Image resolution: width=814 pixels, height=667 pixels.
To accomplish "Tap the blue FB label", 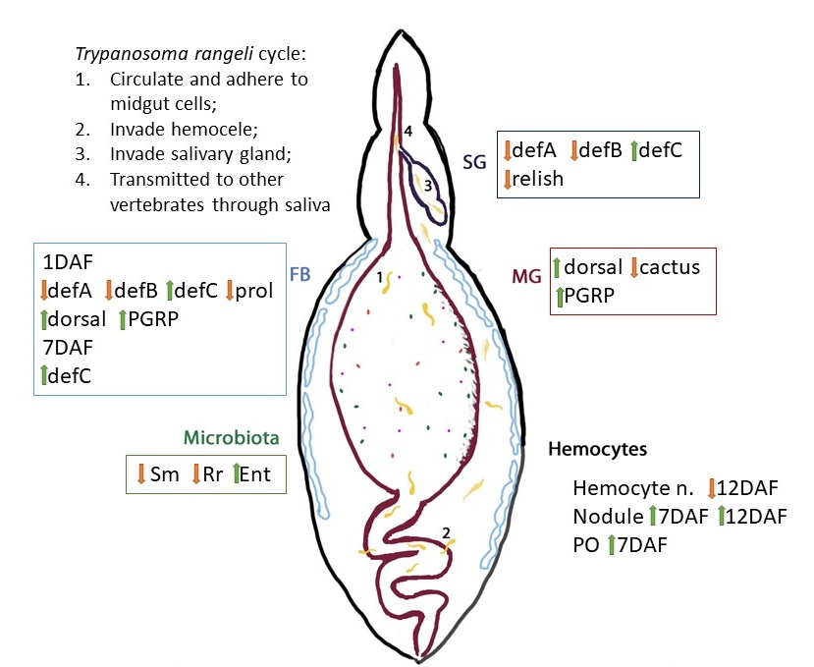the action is pos(300,275).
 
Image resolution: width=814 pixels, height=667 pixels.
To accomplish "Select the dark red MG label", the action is pos(527,278).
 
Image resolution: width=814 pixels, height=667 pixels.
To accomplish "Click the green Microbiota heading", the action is pos(232,437).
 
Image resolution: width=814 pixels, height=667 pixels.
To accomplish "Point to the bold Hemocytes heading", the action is pos(596,449).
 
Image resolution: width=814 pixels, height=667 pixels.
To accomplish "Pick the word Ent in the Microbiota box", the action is pos(255,474).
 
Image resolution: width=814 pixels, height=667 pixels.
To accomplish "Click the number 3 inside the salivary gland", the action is pos(427,185).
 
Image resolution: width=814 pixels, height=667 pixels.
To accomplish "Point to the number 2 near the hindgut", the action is pos(446,532).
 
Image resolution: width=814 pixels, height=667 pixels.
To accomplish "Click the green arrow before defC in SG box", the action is pos(633,150).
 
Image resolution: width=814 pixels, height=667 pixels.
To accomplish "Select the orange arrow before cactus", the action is pos(634,266).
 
